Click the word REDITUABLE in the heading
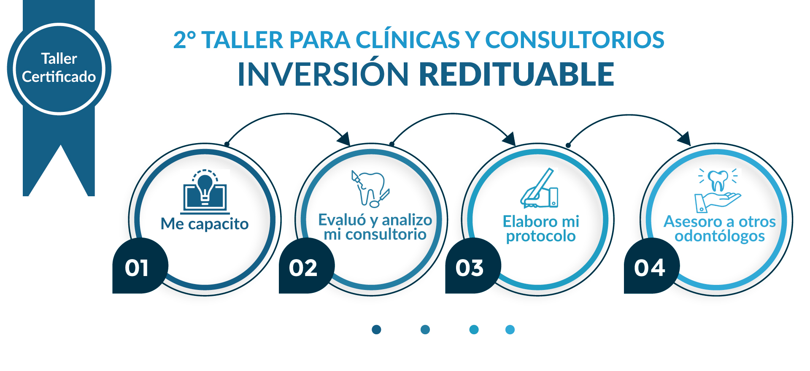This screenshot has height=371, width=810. [516, 74]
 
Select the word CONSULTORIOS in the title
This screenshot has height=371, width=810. [575, 40]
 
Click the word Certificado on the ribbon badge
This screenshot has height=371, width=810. [59, 77]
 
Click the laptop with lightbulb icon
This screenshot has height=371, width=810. [205, 192]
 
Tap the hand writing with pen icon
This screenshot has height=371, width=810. [539, 188]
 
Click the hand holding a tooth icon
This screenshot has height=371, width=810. [718, 190]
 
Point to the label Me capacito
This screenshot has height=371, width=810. [205, 224]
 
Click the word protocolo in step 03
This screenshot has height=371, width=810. [541, 236]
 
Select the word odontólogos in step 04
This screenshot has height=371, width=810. [720, 236]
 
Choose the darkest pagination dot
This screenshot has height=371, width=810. [377, 330]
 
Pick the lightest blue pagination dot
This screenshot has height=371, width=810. [510, 330]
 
